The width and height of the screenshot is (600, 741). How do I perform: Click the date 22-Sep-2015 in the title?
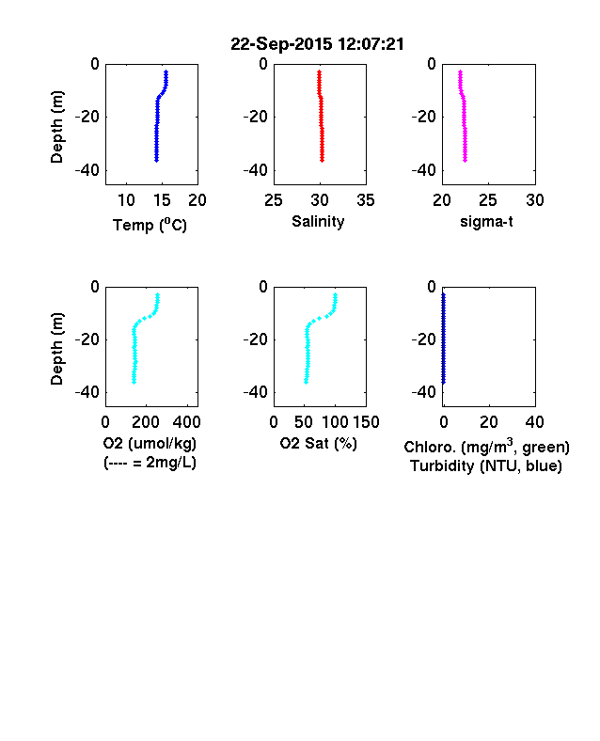[281, 44]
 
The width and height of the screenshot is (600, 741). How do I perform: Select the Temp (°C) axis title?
[150, 225]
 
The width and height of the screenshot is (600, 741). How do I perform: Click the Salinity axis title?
[318, 221]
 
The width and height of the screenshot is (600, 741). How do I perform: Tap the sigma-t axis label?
[486, 221]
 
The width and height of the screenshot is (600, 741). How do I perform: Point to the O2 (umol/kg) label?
[150, 443]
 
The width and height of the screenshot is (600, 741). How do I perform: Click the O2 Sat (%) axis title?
[319, 443]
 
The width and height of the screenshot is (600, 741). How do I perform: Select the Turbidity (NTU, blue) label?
[486, 466]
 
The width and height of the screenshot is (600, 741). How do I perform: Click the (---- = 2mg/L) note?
[150, 462]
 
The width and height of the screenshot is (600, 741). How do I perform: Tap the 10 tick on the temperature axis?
[126, 200]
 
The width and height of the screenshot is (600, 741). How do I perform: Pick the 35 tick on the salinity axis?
[366, 200]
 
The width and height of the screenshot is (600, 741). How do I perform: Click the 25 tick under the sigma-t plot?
[487, 200]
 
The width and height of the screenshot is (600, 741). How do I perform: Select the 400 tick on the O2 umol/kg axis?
[187, 422]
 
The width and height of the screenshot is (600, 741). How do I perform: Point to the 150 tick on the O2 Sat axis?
[366, 422]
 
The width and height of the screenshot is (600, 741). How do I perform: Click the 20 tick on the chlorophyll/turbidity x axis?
[488, 422]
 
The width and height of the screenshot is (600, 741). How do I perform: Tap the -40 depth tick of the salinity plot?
[256, 170]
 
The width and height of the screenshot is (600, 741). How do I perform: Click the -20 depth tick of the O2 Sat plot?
[256, 339]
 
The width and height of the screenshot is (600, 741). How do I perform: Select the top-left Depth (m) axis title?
[56, 127]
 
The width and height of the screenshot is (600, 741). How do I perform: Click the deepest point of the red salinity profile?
[323, 161]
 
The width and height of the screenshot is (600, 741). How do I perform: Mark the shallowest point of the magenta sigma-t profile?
[460, 71]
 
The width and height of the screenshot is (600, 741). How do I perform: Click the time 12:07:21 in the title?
[371, 44]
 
